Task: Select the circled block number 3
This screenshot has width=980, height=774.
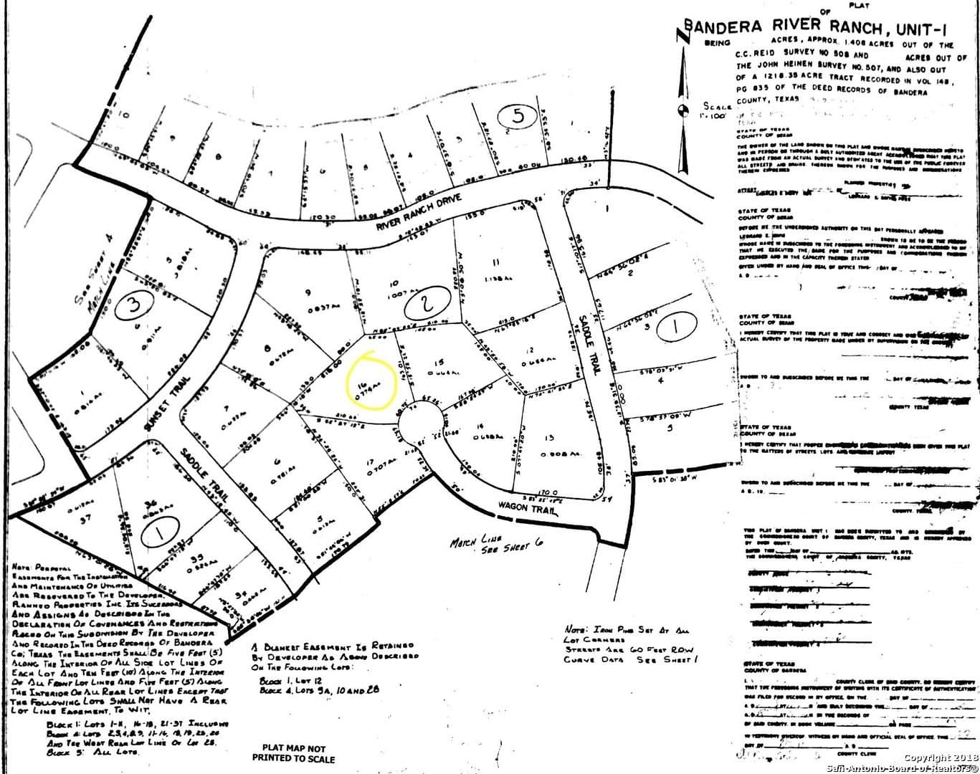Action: pos(135,307)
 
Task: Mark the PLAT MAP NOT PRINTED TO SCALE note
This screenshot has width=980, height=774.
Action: pos(293,752)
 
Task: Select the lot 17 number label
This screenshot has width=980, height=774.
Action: pos(370,462)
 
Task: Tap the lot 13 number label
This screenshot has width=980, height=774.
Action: pos(549,438)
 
